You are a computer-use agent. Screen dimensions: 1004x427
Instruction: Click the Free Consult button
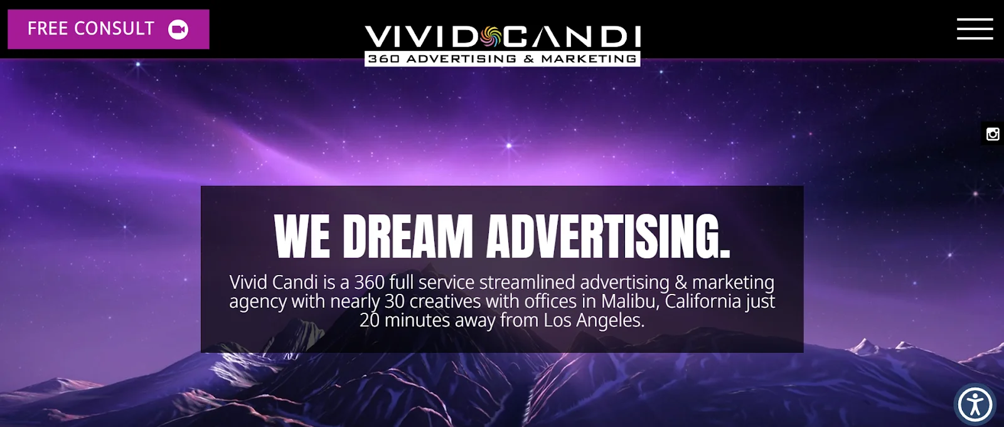pyautogui.click(x=109, y=29)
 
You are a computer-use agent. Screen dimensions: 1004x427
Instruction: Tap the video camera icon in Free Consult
pyautogui.click(x=178, y=30)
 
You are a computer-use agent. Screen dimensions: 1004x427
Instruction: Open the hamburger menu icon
pyautogui.click(x=975, y=29)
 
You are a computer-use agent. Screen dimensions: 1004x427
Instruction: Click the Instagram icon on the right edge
pyautogui.click(x=992, y=134)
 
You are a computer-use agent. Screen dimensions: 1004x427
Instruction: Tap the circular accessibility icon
pyautogui.click(x=975, y=404)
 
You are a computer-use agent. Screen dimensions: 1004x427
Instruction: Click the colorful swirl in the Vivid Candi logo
pyautogui.click(x=491, y=37)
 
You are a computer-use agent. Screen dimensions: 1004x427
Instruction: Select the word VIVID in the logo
pyautogui.click(x=421, y=37)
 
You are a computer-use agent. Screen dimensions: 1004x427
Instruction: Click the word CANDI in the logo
pyautogui.click(x=572, y=37)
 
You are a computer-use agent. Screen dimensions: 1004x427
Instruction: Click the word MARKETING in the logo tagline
pyautogui.click(x=589, y=59)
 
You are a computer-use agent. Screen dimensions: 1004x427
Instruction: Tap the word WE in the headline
pyautogui.click(x=302, y=236)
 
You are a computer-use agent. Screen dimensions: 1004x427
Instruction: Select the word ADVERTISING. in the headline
pyautogui.click(x=608, y=236)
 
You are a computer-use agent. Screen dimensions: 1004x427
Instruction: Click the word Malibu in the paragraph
pyautogui.click(x=630, y=301)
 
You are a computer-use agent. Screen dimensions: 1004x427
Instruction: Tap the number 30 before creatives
pyautogui.click(x=395, y=301)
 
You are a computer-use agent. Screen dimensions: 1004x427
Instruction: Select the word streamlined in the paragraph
pyautogui.click(x=527, y=282)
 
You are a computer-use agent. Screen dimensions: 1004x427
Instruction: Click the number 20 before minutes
pyautogui.click(x=370, y=321)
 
